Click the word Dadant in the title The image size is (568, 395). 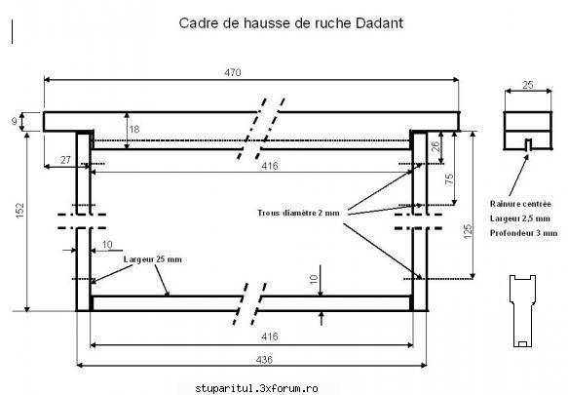(379, 23)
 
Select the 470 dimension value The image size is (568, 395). (233, 72)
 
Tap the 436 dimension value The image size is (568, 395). (264, 360)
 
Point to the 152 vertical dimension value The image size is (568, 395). (19, 211)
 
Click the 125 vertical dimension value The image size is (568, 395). (468, 231)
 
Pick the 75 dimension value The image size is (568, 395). (449, 178)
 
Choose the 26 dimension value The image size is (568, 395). (435, 146)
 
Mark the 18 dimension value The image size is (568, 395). (134, 129)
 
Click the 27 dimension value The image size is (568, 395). (65, 160)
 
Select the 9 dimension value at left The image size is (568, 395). (15, 121)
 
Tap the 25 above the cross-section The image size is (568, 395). (528, 85)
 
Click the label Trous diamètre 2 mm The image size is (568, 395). (298, 213)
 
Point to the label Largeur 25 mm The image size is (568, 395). (153, 259)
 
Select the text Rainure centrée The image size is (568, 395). (520, 204)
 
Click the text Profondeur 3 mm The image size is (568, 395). (523, 233)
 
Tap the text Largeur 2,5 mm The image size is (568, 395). (520, 218)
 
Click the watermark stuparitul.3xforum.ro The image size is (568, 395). (256, 388)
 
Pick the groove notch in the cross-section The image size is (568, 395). (528, 144)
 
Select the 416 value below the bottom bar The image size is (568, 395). (270, 336)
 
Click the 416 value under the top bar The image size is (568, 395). (270, 166)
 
